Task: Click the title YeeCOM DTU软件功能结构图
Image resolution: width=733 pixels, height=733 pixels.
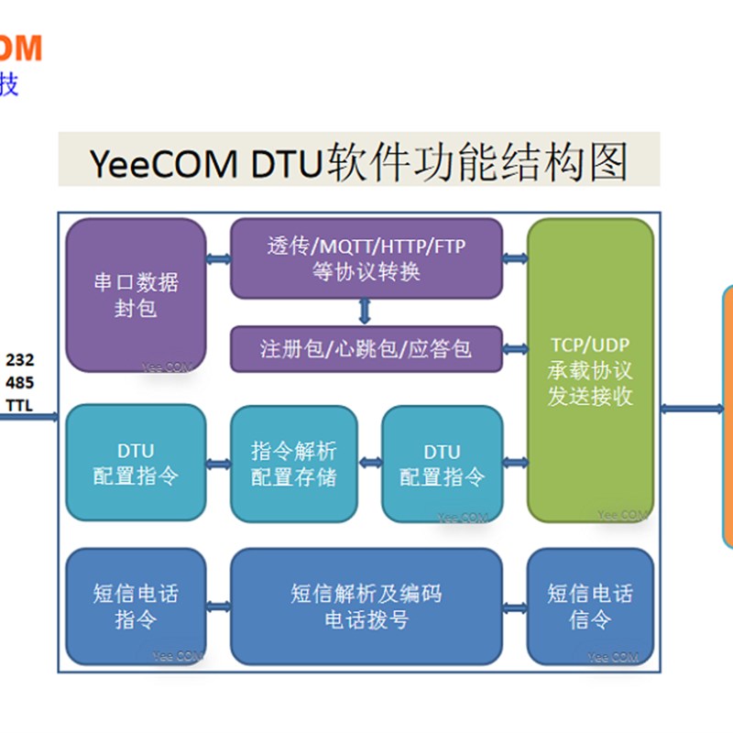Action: (x=359, y=162)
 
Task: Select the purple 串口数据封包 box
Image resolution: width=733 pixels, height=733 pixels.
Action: (x=136, y=295)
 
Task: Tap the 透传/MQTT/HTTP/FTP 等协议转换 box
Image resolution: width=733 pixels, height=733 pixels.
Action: (x=366, y=258)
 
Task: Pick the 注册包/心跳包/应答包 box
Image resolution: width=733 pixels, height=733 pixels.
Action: (x=366, y=349)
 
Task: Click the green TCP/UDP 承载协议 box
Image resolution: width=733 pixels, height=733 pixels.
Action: (x=590, y=370)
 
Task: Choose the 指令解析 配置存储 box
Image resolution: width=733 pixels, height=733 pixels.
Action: (x=293, y=464)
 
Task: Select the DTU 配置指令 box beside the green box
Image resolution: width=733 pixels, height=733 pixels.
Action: (x=442, y=464)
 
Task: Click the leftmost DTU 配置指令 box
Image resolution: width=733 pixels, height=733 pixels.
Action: (x=136, y=464)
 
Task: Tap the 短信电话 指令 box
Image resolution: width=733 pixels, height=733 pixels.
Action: (x=136, y=607)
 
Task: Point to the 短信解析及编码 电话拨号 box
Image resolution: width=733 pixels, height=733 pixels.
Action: (x=366, y=607)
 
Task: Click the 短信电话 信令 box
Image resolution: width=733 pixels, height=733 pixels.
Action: (x=590, y=607)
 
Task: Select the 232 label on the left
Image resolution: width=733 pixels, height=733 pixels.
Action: (x=20, y=360)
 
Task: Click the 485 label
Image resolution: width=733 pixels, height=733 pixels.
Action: (x=20, y=382)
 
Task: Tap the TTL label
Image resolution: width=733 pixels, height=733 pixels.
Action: (x=20, y=404)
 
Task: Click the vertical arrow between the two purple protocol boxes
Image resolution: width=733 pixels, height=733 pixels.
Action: (x=366, y=312)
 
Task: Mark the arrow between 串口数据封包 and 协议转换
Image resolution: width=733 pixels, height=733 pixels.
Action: (x=218, y=259)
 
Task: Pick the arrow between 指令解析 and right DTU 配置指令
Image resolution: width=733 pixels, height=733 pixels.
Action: (x=368, y=464)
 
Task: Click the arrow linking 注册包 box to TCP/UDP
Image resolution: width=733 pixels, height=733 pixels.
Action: (x=515, y=349)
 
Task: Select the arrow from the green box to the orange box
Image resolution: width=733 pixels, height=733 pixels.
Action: (x=692, y=408)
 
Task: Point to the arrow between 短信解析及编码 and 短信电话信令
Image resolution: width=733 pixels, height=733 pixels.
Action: (x=515, y=607)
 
